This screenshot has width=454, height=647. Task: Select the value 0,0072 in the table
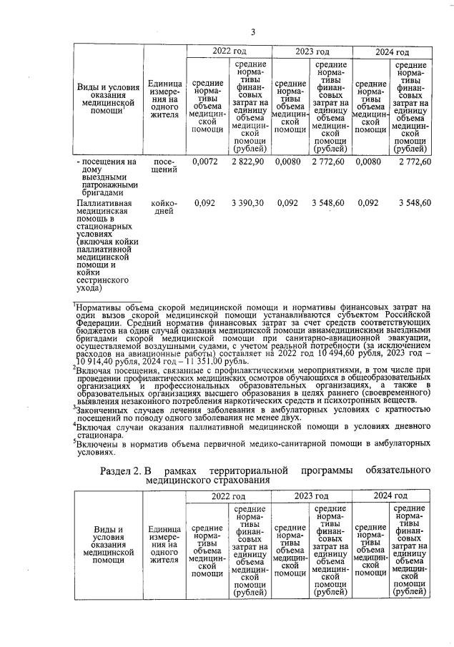(x=205, y=163)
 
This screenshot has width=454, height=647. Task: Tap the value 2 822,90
(x=248, y=163)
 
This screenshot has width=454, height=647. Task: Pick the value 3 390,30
(x=248, y=203)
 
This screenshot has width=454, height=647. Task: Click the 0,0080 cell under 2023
(x=289, y=163)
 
